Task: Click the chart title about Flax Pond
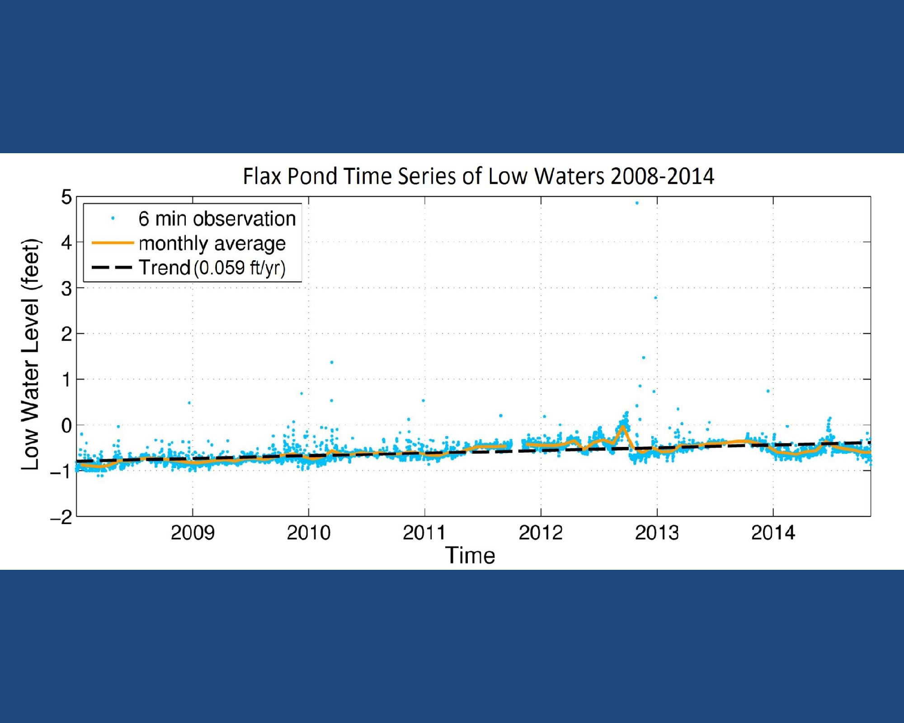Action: click(478, 176)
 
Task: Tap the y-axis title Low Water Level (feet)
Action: click(31, 354)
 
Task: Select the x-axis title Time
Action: click(470, 555)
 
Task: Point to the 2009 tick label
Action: click(193, 533)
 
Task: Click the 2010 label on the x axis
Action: click(309, 533)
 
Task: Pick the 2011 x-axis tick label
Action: click(424, 533)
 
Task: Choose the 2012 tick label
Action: click(541, 533)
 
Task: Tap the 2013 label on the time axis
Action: click(657, 533)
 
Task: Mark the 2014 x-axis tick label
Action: click(773, 533)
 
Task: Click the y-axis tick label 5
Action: click(66, 197)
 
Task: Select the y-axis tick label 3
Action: click(66, 288)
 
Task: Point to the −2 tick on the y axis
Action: click(61, 517)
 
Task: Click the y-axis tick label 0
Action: click(66, 426)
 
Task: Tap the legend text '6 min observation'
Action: click(217, 219)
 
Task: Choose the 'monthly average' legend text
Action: click(212, 244)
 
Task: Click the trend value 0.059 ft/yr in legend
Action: click(240, 268)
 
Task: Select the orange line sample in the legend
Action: click(113, 243)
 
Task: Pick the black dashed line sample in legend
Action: click(113, 268)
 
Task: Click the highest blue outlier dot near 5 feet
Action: click(637, 203)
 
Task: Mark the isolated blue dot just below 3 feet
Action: click(655, 298)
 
